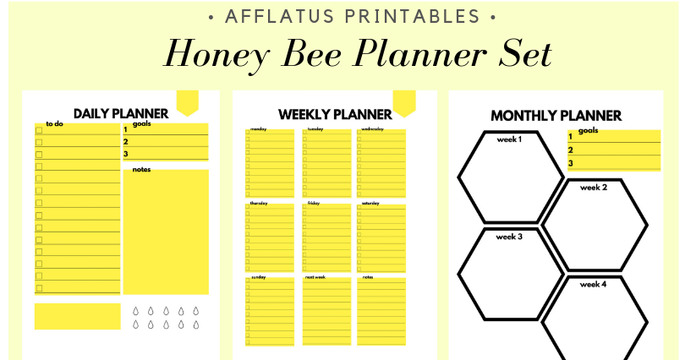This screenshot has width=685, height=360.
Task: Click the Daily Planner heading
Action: [121, 113]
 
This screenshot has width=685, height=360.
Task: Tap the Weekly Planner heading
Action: [335, 114]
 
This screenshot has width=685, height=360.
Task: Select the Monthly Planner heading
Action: [556, 116]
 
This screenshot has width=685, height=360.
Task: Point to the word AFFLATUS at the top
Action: [268, 16]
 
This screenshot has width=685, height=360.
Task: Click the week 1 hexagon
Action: [511, 176]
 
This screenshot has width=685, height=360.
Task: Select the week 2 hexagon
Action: [595, 224]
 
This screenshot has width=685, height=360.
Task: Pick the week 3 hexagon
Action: [511, 273]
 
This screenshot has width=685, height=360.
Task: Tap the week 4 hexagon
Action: [595, 319]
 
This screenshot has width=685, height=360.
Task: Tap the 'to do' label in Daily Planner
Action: [54, 124]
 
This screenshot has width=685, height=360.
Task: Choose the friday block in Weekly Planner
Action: [326, 237]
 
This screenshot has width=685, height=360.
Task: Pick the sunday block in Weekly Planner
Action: [270, 310]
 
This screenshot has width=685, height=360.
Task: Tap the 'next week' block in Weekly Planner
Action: [326, 310]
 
